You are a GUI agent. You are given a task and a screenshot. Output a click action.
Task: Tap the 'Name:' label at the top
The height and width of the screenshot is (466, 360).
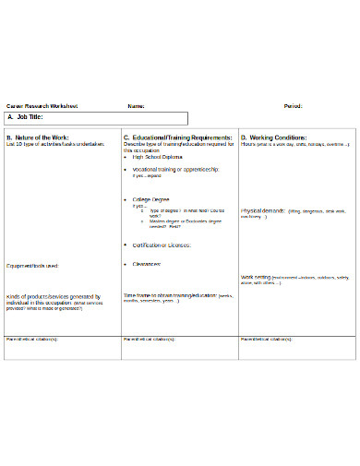(136, 106)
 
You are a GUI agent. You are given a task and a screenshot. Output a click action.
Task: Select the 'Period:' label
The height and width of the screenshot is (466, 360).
(294, 106)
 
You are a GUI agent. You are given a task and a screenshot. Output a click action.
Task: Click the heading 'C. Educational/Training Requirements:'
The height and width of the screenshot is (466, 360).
(177, 137)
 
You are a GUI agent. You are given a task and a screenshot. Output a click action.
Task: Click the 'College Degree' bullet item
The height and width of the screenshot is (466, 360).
(153, 198)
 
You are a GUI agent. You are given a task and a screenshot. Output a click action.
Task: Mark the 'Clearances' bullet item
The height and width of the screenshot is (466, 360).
(148, 263)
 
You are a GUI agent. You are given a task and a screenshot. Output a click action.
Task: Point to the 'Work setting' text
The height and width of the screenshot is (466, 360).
(256, 276)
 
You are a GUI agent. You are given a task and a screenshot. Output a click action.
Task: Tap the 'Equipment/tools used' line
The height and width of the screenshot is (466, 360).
(32, 266)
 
